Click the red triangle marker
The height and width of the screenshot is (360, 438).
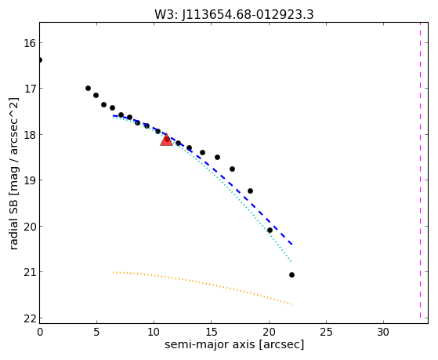tap(166, 140)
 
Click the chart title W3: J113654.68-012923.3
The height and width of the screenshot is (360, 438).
tap(234, 15)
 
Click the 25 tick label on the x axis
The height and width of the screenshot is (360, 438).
tap(326, 332)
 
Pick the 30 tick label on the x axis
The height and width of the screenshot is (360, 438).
tap(383, 332)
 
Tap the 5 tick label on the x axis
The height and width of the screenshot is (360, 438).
tap(96, 332)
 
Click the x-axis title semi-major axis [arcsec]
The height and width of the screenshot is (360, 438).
tap(234, 344)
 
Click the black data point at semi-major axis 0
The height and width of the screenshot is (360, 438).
tap(40, 60)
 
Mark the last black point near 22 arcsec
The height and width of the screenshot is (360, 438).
tap(291, 275)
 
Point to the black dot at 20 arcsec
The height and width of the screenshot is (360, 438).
tap(270, 231)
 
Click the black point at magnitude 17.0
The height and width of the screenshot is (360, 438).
tap(88, 88)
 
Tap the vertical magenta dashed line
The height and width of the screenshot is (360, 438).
tap(420, 170)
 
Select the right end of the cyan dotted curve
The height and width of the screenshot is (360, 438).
tap(291, 262)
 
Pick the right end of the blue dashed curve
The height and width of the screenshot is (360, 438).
tap(292, 245)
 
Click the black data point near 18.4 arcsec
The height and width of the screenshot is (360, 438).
tap(250, 191)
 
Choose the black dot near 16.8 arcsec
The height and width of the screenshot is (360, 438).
tap(232, 169)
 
